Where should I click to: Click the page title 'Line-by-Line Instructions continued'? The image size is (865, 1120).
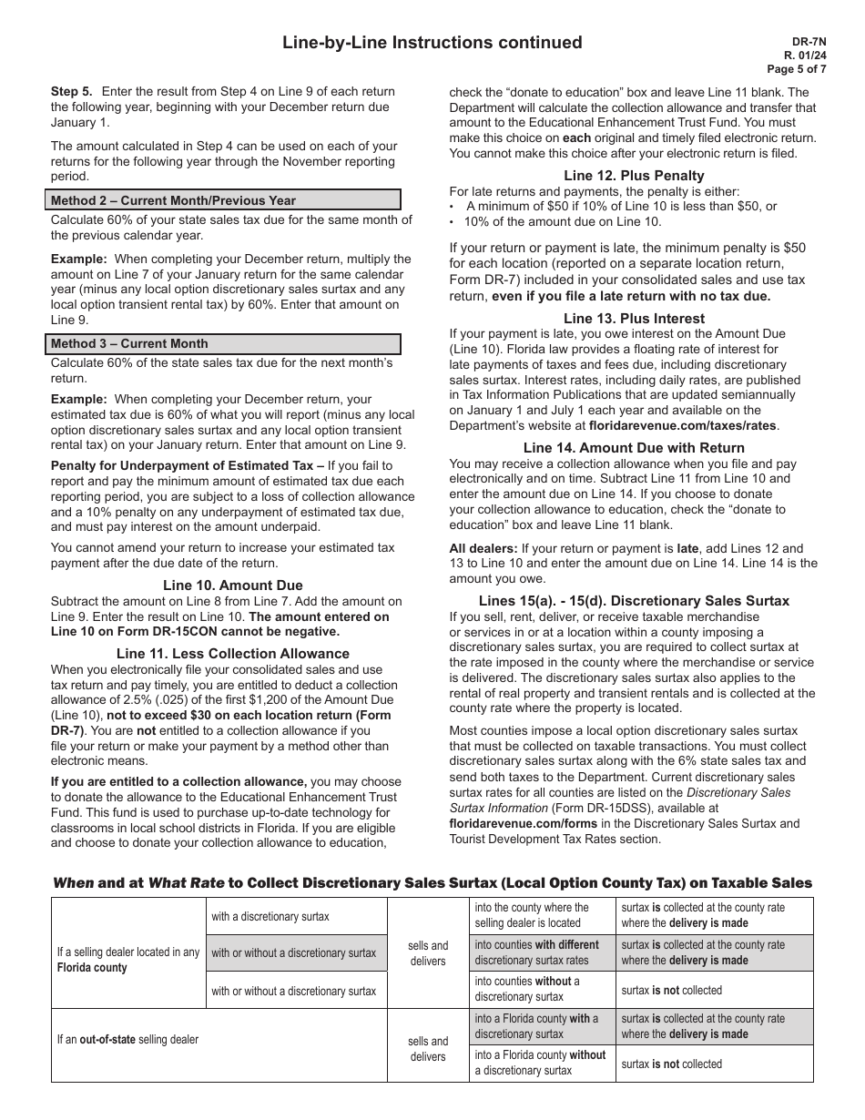432,43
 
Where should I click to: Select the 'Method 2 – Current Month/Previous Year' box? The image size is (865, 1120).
225,200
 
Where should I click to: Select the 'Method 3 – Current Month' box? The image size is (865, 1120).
225,343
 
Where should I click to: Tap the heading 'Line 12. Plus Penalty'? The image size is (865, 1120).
634,175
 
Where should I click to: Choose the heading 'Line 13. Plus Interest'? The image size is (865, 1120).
634,318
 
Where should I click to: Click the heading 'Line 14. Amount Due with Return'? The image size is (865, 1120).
634,447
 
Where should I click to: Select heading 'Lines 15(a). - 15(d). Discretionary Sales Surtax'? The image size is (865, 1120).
634,601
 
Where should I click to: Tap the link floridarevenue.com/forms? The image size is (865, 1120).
517,823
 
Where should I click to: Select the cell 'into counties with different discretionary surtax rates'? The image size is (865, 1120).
543,952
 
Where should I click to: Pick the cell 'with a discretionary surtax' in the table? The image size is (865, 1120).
270,916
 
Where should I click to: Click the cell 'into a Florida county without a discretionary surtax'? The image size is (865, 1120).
543,1063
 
